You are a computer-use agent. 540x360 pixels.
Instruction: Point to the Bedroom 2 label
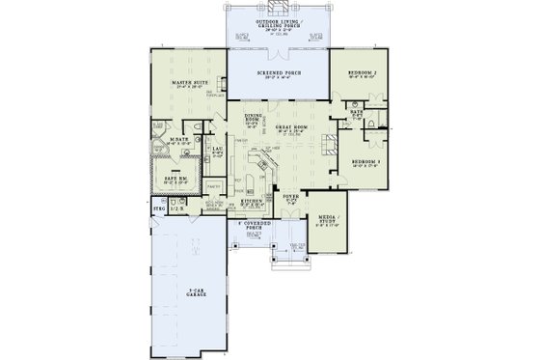tap(362, 71)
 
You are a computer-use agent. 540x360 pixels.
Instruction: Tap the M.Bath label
tap(177, 140)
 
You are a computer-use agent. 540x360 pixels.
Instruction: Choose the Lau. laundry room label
tap(218, 149)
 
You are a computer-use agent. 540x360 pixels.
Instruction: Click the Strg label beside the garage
tap(159, 207)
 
